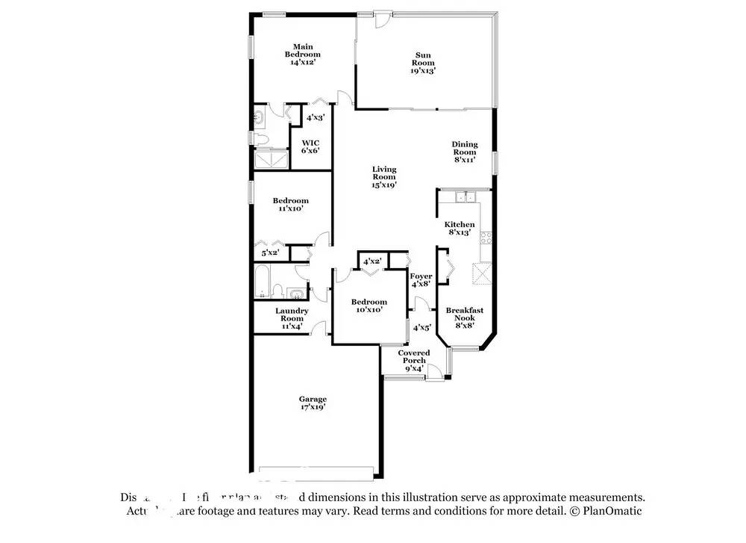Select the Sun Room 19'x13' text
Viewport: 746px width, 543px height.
tap(423, 62)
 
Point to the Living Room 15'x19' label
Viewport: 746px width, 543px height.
tap(384, 177)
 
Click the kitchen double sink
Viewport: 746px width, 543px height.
tap(466, 197)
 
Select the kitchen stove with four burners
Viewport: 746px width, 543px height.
tap(486, 238)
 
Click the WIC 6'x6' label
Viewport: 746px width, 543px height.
tap(310, 146)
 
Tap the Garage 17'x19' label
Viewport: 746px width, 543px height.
tap(313, 403)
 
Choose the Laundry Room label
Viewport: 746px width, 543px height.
tap(292, 318)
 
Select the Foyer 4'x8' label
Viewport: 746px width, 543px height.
tap(421, 280)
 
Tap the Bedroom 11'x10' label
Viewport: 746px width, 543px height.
tap(290, 205)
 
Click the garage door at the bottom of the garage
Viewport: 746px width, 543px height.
tap(316, 471)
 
